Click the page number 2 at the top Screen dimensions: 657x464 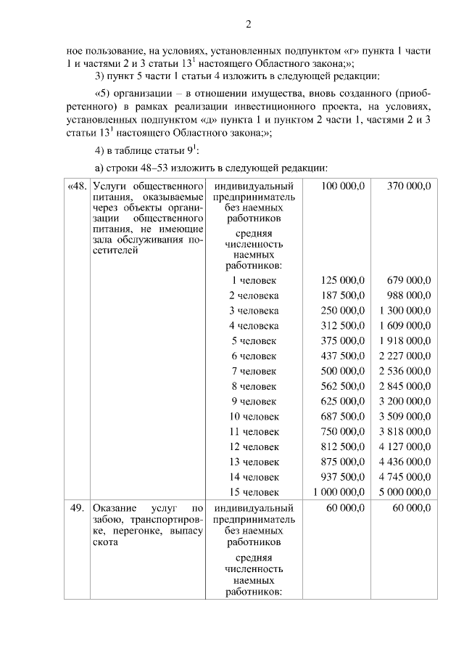click(247, 25)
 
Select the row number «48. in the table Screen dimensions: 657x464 click(77, 187)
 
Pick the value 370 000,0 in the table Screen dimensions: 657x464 click(409, 187)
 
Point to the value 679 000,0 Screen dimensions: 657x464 click(409, 280)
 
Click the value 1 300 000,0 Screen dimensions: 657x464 click(405, 311)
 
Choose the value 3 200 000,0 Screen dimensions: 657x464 click(405, 401)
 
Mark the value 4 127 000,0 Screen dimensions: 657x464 click(405, 446)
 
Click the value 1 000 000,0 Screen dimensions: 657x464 click(338, 492)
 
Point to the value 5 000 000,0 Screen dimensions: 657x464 click(405, 492)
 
